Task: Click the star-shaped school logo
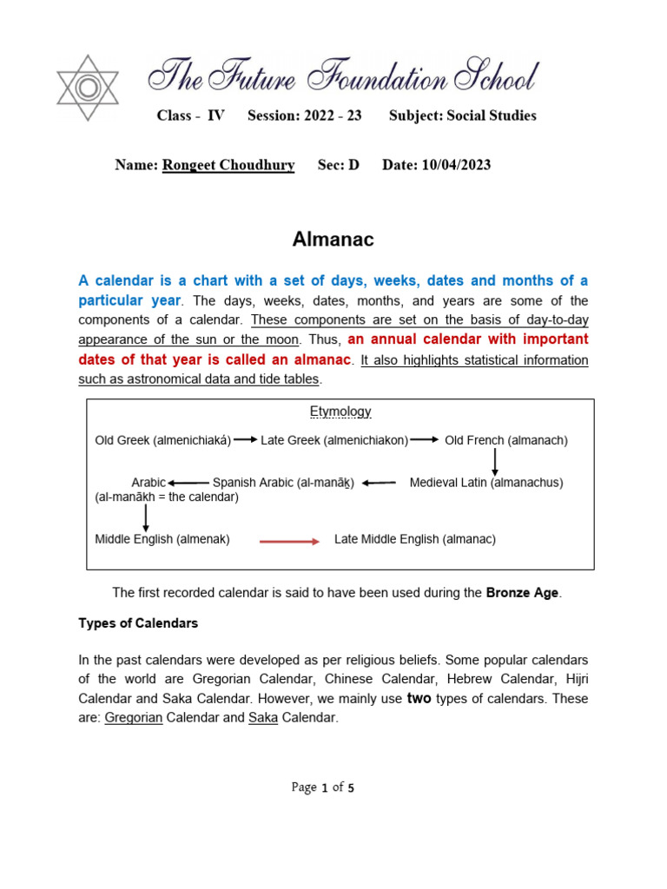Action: click(87, 88)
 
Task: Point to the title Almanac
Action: click(333, 240)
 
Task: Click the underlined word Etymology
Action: click(340, 412)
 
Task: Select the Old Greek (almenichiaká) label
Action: click(163, 440)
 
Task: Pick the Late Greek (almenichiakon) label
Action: click(334, 440)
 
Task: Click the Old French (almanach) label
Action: click(506, 440)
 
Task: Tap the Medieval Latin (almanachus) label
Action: click(486, 483)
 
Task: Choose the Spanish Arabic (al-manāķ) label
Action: click(283, 483)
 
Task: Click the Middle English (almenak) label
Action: click(162, 539)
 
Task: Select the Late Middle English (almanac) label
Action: click(415, 539)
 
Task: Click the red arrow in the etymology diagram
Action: click(290, 541)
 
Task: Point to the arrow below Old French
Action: click(495, 461)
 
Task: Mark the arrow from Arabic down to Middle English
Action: click(146, 517)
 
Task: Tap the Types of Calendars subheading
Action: click(138, 623)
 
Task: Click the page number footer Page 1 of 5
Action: click(323, 787)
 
